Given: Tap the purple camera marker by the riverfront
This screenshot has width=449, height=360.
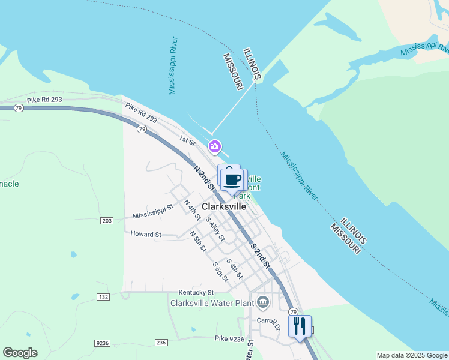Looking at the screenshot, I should click(x=215, y=146).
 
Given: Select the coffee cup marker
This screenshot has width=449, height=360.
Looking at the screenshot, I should click(x=232, y=179).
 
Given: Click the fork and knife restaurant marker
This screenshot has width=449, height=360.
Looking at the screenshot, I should click(x=299, y=326).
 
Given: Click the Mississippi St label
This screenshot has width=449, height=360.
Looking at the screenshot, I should click(x=153, y=211).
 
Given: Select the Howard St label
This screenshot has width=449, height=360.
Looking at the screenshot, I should click(x=146, y=234).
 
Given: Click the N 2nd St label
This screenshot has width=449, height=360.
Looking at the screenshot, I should click(x=203, y=179).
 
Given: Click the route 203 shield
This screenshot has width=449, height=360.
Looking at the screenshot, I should click(x=107, y=221).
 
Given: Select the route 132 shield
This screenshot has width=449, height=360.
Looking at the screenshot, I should click(x=103, y=297).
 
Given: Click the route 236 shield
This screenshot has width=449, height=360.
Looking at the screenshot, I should click(x=160, y=343).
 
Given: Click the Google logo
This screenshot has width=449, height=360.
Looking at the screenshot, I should click(x=20, y=353).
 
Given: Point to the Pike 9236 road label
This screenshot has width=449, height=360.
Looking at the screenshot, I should click(x=229, y=339).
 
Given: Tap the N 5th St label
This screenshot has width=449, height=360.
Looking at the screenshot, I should click(x=197, y=241).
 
